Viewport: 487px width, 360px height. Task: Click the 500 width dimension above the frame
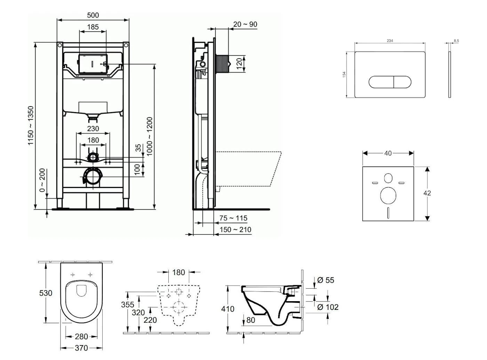(93, 15)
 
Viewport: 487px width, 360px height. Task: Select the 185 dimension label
(93, 27)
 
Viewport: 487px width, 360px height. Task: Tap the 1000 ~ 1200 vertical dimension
(150, 136)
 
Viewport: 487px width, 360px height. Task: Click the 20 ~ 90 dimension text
(245, 24)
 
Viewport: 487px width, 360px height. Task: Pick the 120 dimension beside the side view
(239, 64)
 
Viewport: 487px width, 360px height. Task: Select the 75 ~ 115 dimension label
(233, 218)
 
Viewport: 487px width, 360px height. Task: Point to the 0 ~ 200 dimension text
(42, 180)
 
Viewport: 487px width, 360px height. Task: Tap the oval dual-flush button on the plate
(390, 82)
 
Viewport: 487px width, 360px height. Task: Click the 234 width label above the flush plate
(390, 41)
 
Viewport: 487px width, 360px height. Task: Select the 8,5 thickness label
(456, 41)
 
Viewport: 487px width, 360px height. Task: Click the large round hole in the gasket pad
(388, 195)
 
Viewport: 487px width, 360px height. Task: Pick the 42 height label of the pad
(428, 193)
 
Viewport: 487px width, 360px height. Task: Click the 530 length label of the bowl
(46, 293)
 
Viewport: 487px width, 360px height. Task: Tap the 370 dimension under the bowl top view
(81, 348)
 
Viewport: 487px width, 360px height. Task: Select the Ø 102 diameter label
(328, 307)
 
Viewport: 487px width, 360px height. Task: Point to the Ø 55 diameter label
(326, 280)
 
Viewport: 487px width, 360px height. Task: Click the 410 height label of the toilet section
(228, 309)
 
